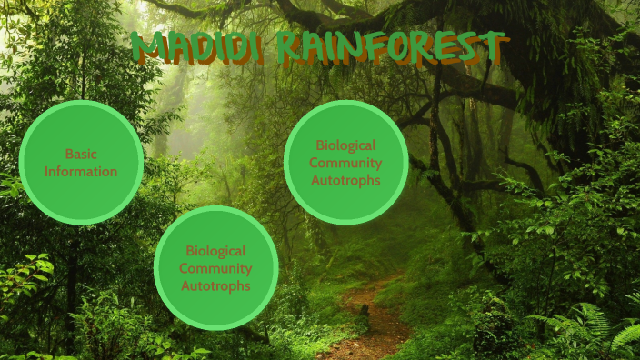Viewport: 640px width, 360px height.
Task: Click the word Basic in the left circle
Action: (x=81, y=154)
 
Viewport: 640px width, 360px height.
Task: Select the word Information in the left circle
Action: (x=81, y=171)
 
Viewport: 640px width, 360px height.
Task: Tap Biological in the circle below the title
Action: (x=345, y=145)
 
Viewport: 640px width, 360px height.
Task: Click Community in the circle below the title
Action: (x=345, y=162)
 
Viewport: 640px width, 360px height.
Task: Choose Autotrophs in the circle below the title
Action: (x=345, y=180)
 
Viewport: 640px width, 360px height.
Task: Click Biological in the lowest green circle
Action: (x=215, y=250)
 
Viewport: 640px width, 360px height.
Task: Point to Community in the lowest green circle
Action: (x=215, y=268)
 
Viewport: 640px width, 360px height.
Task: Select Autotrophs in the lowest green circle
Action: (x=215, y=285)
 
